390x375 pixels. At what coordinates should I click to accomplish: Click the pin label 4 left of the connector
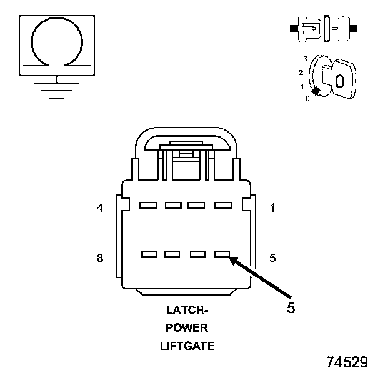pyautogui.click(x=100, y=208)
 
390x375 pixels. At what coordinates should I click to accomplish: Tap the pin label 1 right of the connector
pyautogui.click(x=272, y=208)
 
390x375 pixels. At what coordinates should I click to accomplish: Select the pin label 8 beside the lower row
pyautogui.click(x=100, y=257)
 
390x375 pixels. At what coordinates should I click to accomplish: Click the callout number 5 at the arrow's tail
pyautogui.click(x=291, y=307)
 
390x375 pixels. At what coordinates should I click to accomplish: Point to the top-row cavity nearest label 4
pyautogui.click(x=148, y=205)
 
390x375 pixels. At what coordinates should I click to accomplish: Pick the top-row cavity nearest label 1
pyautogui.click(x=222, y=205)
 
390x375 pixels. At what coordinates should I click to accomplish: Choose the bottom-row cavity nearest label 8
pyautogui.click(x=149, y=254)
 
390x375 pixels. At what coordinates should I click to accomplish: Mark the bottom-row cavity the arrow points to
pyautogui.click(x=222, y=254)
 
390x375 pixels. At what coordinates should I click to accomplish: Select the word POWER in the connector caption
pyautogui.click(x=187, y=328)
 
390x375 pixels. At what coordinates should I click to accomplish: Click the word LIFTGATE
pyautogui.click(x=187, y=346)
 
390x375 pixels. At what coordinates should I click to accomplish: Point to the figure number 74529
pyautogui.click(x=347, y=362)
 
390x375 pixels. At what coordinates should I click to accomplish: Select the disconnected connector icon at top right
pyautogui.click(x=322, y=29)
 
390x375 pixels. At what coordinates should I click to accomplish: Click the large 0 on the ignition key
pyautogui.click(x=339, y=81)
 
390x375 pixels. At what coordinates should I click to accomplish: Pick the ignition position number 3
pyautogui.click(x=304, y=58)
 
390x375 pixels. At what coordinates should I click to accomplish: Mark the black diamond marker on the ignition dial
pyautogui.click(x=316, y=92)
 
